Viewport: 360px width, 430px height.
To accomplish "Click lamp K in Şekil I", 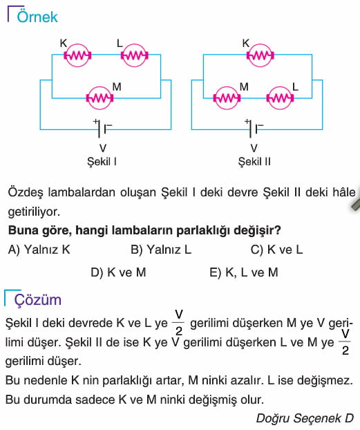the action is [x=77, y=55].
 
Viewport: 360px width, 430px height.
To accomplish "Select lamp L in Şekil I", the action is [x=134, y=55].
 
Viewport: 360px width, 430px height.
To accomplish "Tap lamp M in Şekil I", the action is [x=100, y=98].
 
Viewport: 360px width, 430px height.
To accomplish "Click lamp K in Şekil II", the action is [x=260, y=55].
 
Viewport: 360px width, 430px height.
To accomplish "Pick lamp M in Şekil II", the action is [x=227, y=98].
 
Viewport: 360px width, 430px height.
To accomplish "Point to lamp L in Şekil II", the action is [x=280, y=98].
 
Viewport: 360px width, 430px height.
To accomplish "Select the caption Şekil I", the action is [x=102, y=161].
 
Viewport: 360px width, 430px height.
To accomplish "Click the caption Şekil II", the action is [x=254, y=161].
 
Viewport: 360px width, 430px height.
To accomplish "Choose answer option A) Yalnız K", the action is [x=39, y=250].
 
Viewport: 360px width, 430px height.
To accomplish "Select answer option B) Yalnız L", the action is [x=161, y=250].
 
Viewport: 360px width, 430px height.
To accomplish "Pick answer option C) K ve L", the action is [x=276, y=250].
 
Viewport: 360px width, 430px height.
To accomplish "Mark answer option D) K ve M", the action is [x=118, y=272].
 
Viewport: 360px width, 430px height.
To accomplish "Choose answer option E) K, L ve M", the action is [x=244, y=272].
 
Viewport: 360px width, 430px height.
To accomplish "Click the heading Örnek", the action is [x=37, y=17].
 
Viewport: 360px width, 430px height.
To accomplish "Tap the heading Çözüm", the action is [x=37, y=300].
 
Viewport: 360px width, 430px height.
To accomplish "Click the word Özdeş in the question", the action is [x=26, y=192].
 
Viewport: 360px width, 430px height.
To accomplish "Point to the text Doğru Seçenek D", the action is [x=305, y=418].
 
